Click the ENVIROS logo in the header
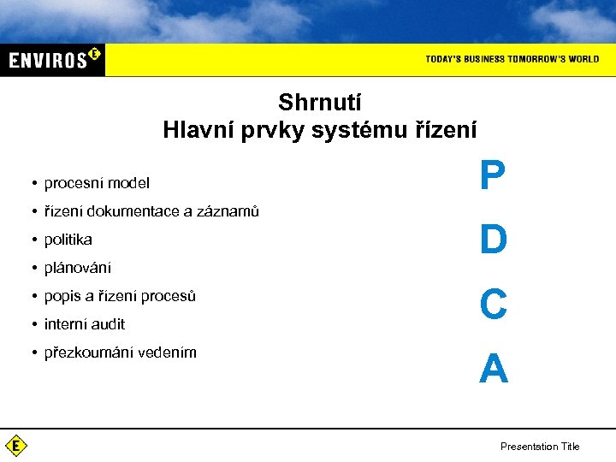(51, 60)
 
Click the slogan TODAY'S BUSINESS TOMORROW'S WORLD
(512, 59)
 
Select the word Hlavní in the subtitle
(192, 130)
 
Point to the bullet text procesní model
(97, 183)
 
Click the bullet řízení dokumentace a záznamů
(151, 211)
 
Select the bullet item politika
(68, 240)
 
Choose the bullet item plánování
(78, 268)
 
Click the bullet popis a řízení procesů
(120, 296)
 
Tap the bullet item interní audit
(85, 324)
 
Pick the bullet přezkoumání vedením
(121, 352)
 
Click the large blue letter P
(493, 176)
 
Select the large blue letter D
(494, 240)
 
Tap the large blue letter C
(494, 304)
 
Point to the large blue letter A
(494, 369)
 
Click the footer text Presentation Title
(540, 447)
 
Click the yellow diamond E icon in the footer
(16, 446)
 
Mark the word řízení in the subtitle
(446, 130)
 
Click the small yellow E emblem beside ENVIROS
(94, 54)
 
